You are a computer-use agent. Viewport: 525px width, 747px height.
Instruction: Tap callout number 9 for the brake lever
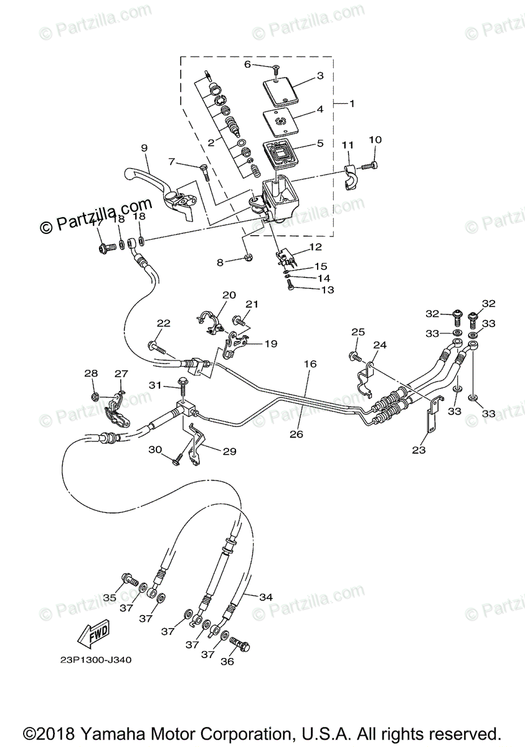click(x=144, y=148)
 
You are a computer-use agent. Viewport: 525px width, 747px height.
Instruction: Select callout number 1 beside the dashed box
click(x=351, y=103)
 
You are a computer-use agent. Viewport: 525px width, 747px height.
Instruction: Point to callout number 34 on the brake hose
click(x=266, y=596)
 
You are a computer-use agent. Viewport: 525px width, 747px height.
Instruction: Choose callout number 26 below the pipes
click(x=296, y=434)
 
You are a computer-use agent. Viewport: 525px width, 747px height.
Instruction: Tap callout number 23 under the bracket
click(x=419, y=450)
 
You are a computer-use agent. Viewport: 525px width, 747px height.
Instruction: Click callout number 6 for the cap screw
click(x=247, y=64)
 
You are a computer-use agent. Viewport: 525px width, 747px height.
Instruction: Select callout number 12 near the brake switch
click(x=315, y=247)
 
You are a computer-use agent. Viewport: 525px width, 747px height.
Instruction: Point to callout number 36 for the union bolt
click(x=227, y=662)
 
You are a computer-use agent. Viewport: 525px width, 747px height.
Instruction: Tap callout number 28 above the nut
click(x=92, y=373)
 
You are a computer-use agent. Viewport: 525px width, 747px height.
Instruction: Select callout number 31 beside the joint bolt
click(x=154, y=385)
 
